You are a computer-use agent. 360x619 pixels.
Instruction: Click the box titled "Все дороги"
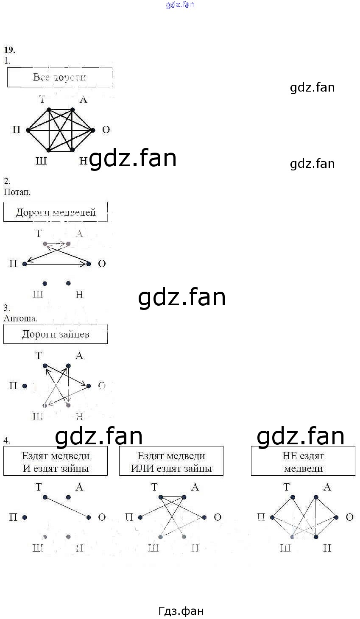click(x=59, y=77)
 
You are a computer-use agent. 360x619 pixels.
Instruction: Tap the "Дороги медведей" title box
click(x=56, y=212)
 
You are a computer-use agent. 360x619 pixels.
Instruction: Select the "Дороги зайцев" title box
click(x=56, y=334)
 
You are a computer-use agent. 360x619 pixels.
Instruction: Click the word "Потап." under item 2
click(x=17, y=192)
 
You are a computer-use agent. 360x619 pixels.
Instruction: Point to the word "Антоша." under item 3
click(x=20, y=318)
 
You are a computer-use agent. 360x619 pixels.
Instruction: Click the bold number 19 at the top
click(x=9, y=50)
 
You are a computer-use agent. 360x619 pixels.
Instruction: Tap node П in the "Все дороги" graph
click(x=28, y=130)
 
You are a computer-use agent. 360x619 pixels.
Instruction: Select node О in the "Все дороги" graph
click(x=93, y=130)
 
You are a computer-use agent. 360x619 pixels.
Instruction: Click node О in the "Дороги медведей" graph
click(x=89, y=264)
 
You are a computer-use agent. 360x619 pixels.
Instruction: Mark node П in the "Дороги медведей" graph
click(x=25, y=264)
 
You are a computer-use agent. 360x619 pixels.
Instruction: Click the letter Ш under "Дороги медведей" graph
click(x=38, y=294)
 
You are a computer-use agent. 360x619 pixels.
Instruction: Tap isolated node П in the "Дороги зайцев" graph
click(x=25, y=386)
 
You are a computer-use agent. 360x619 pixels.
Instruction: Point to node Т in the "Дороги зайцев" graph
click(x=45, y=365)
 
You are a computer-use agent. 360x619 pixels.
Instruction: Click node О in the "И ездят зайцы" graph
click(x=89, y=517)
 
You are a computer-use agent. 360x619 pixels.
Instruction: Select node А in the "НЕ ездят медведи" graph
click(x=316, y=497)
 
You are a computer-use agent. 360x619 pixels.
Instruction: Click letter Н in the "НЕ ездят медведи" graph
click(x=327, y=548)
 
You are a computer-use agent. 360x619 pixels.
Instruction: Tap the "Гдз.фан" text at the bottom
click(x=181, y=611)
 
